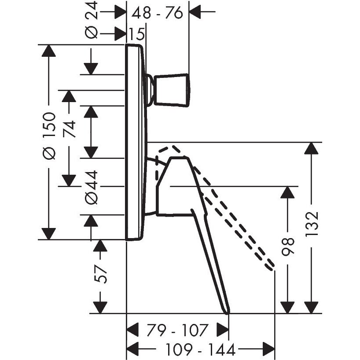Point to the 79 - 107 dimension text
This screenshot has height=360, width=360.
point(178,329)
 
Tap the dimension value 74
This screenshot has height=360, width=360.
point(70,129)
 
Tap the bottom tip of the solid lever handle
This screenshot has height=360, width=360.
point(228,312)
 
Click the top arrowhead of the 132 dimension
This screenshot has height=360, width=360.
point(312,148)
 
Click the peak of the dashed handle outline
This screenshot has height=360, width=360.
point(172,147)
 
